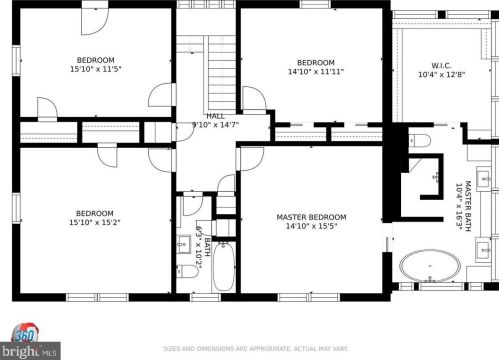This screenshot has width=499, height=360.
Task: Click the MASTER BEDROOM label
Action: pos(311,217)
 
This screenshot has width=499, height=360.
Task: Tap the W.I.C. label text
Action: pos(441,65)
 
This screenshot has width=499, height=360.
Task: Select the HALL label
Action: pos(216,116)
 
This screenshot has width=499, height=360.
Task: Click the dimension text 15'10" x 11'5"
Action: pos(95,69)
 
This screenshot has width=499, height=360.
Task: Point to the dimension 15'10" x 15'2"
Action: pos(95,222)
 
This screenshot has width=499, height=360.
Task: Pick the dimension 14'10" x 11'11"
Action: pos(316,71)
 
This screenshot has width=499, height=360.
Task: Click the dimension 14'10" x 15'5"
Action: pos(311,226)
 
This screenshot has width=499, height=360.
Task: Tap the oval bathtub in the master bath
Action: pos(430,266)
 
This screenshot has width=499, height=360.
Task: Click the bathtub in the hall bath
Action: pos(224,267)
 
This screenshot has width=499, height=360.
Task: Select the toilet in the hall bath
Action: pos(187,271)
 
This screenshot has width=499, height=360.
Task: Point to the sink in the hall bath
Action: pos(183,244)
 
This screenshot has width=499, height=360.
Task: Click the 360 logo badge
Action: pos(26,334)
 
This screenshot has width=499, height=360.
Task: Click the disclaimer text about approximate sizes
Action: pos(255,349)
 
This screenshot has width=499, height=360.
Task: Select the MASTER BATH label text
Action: pos(468,206)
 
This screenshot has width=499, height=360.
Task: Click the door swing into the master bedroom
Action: pos(251,159)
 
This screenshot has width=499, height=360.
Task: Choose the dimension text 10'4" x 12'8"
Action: pos(441,74)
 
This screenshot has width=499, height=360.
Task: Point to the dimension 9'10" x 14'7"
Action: pos(216,125)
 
